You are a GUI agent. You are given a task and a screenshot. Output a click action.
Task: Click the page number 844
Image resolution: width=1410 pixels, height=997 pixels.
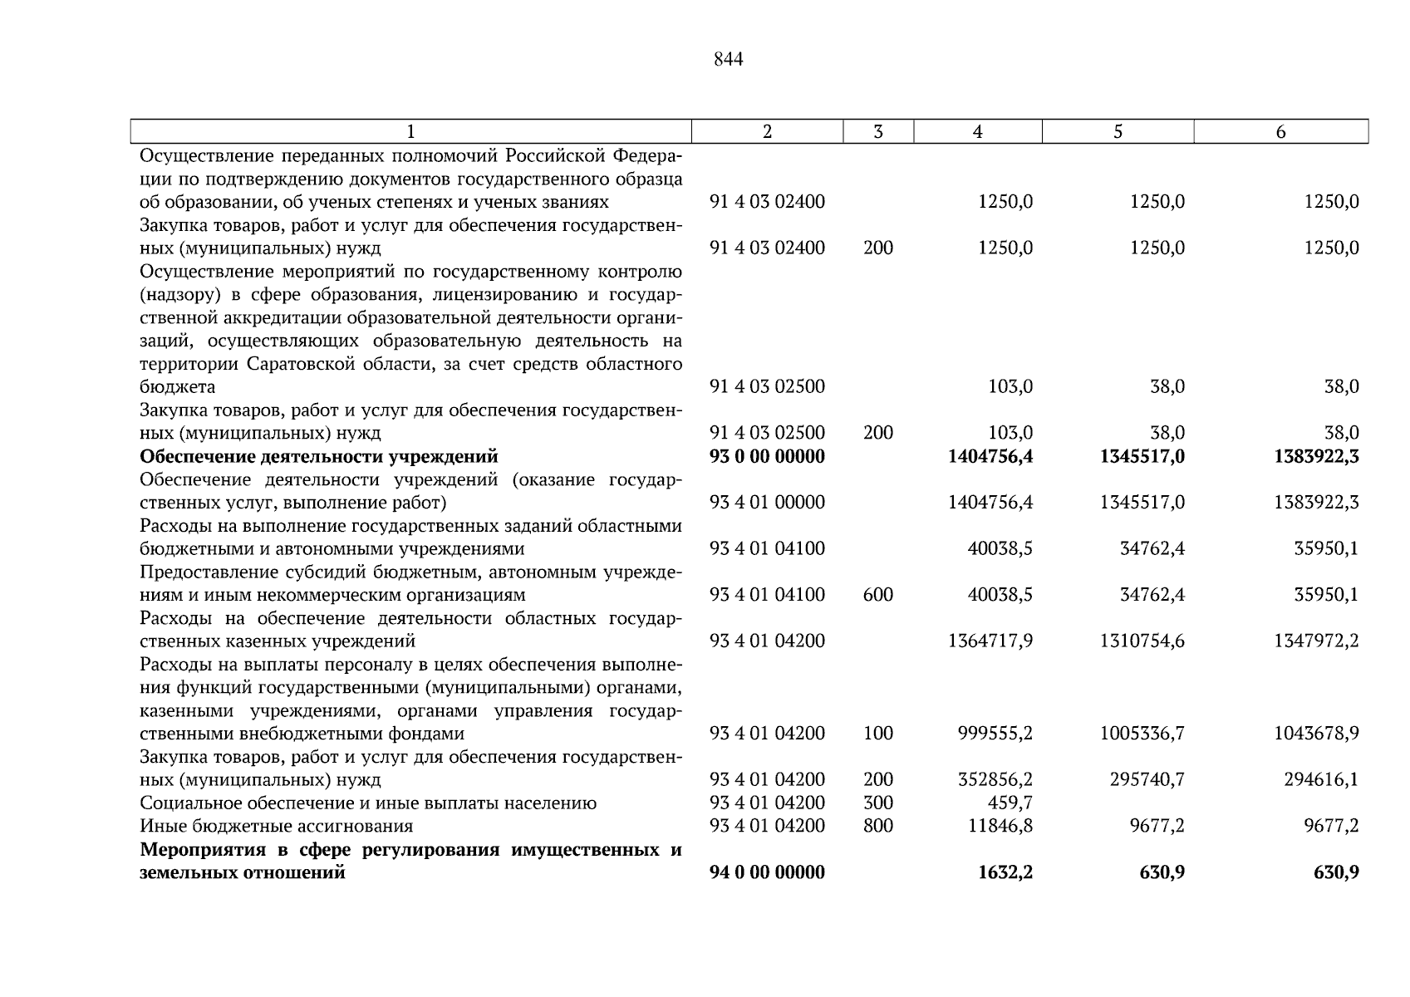pyautogui.click(x=728, y=60)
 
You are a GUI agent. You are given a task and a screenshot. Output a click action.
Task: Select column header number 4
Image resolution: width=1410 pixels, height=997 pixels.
pyautogui.click(x=977, y=131)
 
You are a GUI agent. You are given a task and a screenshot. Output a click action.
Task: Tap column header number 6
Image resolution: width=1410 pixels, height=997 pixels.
pyautogui.click(x=1280, y=131)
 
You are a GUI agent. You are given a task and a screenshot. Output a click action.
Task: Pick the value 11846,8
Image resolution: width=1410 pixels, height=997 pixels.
pyautogui.click(x=1000, y=827)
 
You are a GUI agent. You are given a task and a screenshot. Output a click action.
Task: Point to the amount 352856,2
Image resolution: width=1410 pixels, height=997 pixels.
pyautogui.click(x=995, y=780)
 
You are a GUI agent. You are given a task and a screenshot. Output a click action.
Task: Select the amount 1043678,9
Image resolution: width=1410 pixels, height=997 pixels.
pyautogui.click(x=1316, y=734)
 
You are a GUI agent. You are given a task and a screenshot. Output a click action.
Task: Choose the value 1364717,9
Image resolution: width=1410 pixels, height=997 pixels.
pyautogui.click(x=990, y=641)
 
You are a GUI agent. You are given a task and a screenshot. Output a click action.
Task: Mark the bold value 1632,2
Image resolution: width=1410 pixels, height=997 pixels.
pyautogui.click(x=1005, y=872)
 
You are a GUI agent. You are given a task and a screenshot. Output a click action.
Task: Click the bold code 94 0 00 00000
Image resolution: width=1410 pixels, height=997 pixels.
pyautogui.click(x=767, y=872)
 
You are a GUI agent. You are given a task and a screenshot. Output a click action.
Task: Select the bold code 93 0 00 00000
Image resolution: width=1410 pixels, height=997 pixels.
pyautogui.click(x=767, y=457)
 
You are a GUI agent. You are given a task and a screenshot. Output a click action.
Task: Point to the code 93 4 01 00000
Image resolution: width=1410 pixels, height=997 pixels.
pyautogui.click(x=767, y=503)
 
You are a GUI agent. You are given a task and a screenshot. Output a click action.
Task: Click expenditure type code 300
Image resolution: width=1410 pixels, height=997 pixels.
pyautogui.click(x=878, y=803)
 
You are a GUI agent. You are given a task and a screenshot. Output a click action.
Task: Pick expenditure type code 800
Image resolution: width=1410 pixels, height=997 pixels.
pyautogui.click(x=878, y=827)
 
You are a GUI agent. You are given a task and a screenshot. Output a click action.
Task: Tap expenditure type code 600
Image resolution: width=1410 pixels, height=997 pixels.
pyautogui.click(x=878, y=595)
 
